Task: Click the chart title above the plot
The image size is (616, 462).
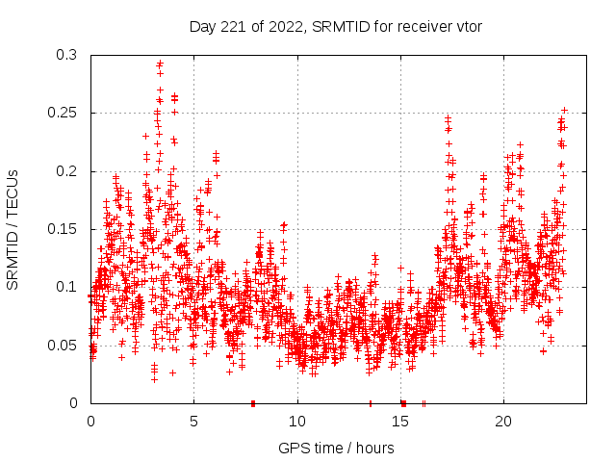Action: coord(335,26)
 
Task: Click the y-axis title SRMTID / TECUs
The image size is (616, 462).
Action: coord(13,229)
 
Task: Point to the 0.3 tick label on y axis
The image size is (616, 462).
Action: coord(65,55)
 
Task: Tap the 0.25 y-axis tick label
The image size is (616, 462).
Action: coord(62,113)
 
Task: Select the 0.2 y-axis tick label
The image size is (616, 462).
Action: coord(65,171)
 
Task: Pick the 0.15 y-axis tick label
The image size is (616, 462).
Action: coord(62,229)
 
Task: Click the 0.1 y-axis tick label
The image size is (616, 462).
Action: coord(65,287)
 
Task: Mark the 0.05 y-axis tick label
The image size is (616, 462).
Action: coord(62,345)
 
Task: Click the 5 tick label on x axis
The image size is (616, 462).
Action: coord(193,422)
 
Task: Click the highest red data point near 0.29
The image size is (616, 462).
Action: coord(160,64)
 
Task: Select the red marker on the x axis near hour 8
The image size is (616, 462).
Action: coord(253,402)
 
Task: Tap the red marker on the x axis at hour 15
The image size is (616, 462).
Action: coord(403,402)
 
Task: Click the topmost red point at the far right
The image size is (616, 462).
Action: coord(564,110)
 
